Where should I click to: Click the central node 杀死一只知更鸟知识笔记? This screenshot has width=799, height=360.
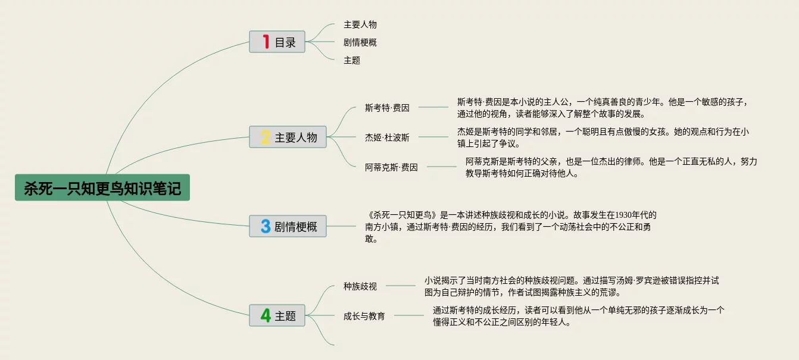pyautogui.click(x=102, y=187)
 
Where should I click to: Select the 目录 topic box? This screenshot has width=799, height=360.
pyautogui.click(x=277, y=42)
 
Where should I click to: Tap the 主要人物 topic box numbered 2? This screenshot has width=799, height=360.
pyautogui.click(x=288, y=137)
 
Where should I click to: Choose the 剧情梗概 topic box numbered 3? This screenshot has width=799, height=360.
pyautogui.click(x=288, y=226)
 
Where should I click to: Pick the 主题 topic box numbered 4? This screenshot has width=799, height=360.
pyautogui.click(x=277, y=315)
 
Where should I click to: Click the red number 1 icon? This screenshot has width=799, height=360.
pyautogui.click(x=266, y=42)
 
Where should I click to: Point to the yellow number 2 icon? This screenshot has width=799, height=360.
pyautogui.click(x=266, y=137)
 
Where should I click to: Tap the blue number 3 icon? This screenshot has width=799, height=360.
pyautogui.click(x=266, y=226)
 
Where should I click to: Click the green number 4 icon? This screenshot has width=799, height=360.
pyautogui.click(x=266, y=315)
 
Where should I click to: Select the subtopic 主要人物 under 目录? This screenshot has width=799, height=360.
pyautogui.click(x=360, y=24)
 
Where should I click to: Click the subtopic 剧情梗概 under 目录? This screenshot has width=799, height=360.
pyautogui.click(x=360, y=42)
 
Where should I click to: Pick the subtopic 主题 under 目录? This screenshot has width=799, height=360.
pyautogui.click(x=352, y=60)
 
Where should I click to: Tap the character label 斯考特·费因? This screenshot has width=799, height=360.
pyautogui.click(x=387, y=108)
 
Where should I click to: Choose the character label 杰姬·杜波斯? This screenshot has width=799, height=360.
pyautogui.click(x=387, y=137)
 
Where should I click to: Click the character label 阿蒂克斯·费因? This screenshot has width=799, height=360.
pyautogui.click(x=391, y=167)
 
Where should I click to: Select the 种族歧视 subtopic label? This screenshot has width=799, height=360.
pyautogui.click(x=360, y=286)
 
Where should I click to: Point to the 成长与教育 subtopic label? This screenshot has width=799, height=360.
pyautogui.click(x=364, y=316)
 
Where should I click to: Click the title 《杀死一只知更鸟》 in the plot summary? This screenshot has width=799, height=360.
pyautogui.click(x=403, y=215)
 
